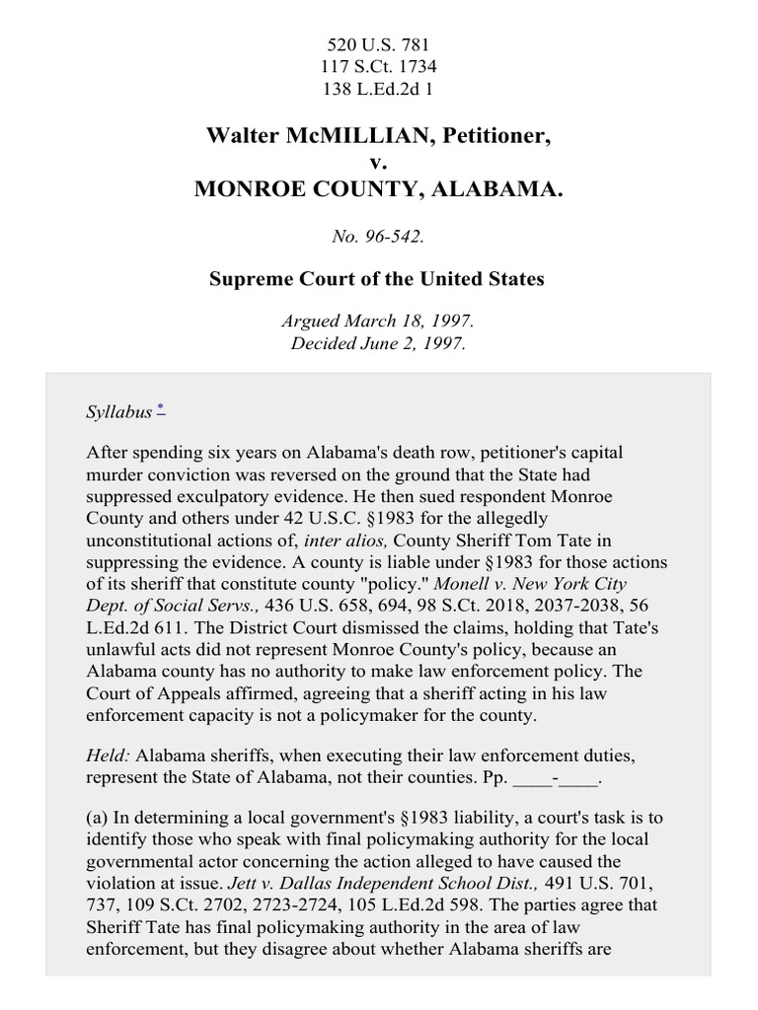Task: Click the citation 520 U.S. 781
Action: [378, 44]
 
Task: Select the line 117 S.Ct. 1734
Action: [378, 66]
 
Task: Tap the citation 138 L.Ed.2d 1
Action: [378, 88]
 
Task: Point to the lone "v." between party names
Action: [378, 162]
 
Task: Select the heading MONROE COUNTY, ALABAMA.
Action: [378, 188]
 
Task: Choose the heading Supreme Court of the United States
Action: [378, 279]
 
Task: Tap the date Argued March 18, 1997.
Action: [378, 322]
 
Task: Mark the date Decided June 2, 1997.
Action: [378, 343]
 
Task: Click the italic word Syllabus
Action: [118, 412]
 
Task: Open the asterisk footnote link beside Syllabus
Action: [161, 408]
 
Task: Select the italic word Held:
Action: [109, 756]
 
